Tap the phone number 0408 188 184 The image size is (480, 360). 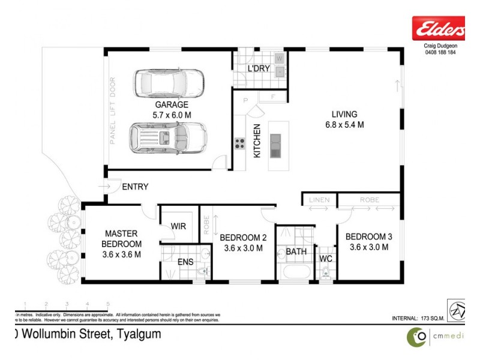click(436, 53)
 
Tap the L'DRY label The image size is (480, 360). click(259, 69)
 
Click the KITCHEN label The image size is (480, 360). click(257, 140)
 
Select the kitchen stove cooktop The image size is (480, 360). click(239, 143)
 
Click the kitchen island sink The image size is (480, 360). click(275, 145)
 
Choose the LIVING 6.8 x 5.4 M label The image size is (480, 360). click(344, 119)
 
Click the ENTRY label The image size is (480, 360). click(135, 187)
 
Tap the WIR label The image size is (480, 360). click(179, 226)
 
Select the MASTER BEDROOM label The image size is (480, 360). click(122, 239)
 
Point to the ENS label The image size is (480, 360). click(185, 262)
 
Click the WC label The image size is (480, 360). click(326, 259)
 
